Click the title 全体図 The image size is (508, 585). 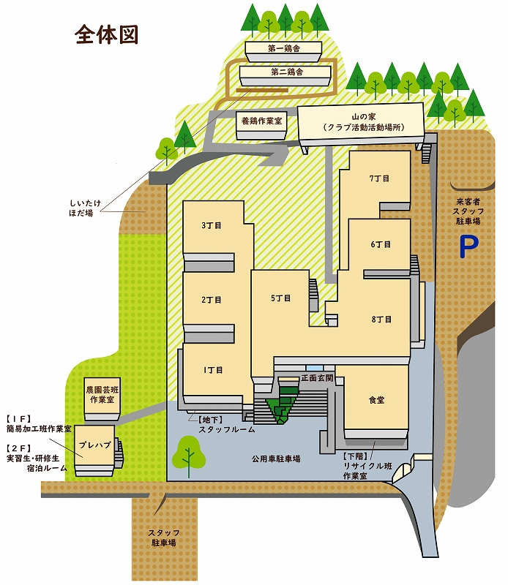click(x=106, y=35)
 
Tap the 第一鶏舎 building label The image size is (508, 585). click(x=284, y=48)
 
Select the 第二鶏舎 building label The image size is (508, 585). click(x=287, y=72)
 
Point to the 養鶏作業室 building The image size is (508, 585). click(x=261, y=125)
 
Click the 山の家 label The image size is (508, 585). click(x=364, y=117)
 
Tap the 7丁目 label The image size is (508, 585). click(x=379, y=178)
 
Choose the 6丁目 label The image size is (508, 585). click(x=381, y=244)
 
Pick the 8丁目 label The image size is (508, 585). click(x=382, y=320)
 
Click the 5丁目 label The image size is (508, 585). click(x=281, y=298)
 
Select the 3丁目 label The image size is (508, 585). click(x=212, y=225)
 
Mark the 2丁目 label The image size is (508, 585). click(x=212, y=300)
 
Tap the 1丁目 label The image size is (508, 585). click(x=213, y=370)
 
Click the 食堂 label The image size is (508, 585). click(x=376, y=400)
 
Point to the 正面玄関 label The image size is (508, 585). click(x=317, y=378)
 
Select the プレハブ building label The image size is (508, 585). click(x=95, y=445)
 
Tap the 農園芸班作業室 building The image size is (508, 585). click(x=102, y=399)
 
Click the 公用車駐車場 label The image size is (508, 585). click(x=276, y=458)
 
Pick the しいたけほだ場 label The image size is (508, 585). click(x=86, y=208)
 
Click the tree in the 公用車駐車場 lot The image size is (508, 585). click(x=189, y=456)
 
